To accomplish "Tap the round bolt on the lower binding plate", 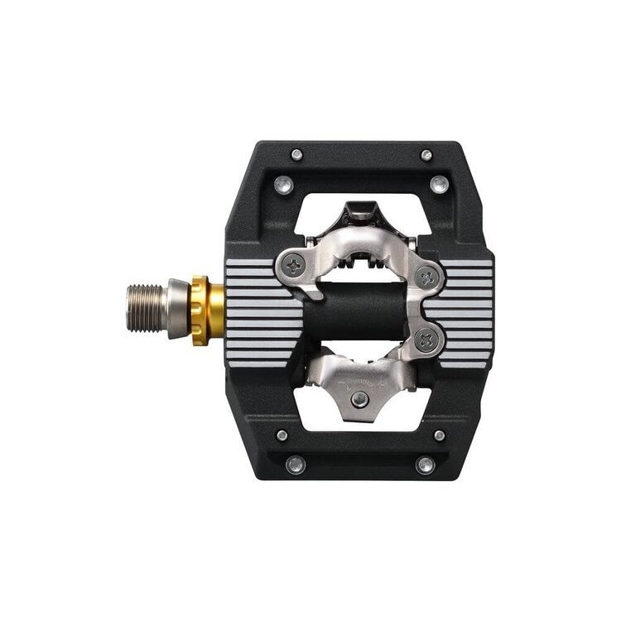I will (x=359, y=400).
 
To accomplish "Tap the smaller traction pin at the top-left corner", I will (x=296, y=154).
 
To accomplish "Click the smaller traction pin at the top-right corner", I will (x=426, y=155).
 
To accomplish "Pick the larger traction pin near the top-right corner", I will (x=439, y=184).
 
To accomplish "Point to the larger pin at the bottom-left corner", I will (x=296, y=465).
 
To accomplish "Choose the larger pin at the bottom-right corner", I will (x=426, y=465).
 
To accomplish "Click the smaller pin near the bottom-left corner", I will (x=282, y=436).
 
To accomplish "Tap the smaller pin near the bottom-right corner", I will (x=439, y=436).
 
